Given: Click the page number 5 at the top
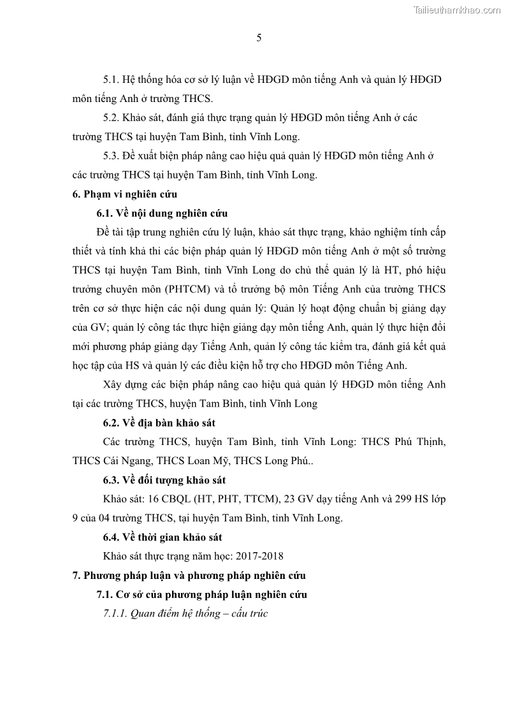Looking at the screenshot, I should pyautogui.click(x=259, y=38).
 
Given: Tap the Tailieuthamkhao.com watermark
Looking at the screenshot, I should pyautogui.click(x=457, y=10).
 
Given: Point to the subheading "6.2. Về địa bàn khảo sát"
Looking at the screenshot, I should pyautogui.click(x=163, y=423).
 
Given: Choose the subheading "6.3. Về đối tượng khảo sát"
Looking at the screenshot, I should pyautogui.click(x=164, y=480).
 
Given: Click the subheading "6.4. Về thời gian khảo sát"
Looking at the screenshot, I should pyautogui.click(x=163, y=537).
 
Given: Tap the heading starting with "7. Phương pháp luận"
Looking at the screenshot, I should pyautogui.click(x=189, y=576).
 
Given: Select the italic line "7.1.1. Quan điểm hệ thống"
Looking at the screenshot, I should pyautogui.click(x=185, y=614).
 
